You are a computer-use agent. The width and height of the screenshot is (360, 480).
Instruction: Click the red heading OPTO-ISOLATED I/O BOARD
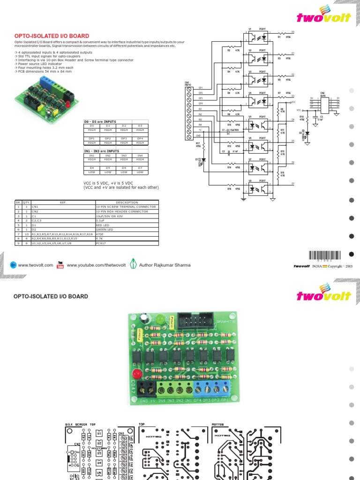(x=52, y=36)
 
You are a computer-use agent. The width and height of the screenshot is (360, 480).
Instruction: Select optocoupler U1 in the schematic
(x=257, y=37)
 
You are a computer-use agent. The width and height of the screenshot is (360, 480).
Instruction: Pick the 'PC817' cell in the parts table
(x=101, y=243)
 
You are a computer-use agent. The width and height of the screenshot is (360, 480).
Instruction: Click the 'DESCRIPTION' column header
(x=126, y=202)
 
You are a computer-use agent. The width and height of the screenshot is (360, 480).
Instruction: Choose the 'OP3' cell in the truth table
(x=124, y=139)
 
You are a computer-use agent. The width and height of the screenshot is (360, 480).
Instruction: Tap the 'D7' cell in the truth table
(x=140, y=167)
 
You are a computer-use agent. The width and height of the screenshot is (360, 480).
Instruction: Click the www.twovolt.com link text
(x=36, y=265)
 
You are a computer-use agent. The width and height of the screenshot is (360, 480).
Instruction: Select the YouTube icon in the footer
(x=60, y=265)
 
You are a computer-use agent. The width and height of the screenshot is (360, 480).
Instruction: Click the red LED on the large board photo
(x=137, y=374)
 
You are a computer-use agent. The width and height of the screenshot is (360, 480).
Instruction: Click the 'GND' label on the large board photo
(x=143, y=401)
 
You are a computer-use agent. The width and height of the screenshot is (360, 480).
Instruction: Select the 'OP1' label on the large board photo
(x=225, y=401)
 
